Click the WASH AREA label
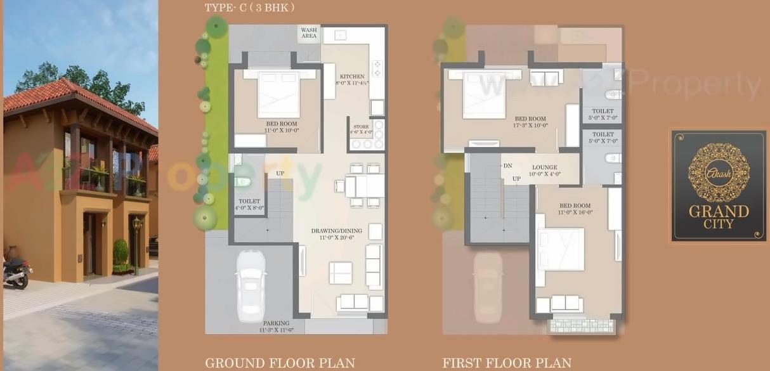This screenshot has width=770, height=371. (309, 33)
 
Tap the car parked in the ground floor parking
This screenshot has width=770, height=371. (252, 285)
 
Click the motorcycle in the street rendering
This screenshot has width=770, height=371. (16, 271)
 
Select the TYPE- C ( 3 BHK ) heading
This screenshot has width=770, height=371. (249, 8)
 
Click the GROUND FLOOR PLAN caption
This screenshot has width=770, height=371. (280, 363)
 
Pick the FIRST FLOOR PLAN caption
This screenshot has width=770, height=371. (507, 363)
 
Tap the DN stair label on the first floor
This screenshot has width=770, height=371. (507, 166)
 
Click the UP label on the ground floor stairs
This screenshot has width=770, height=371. (280, 173)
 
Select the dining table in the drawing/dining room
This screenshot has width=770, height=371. (365, 186)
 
